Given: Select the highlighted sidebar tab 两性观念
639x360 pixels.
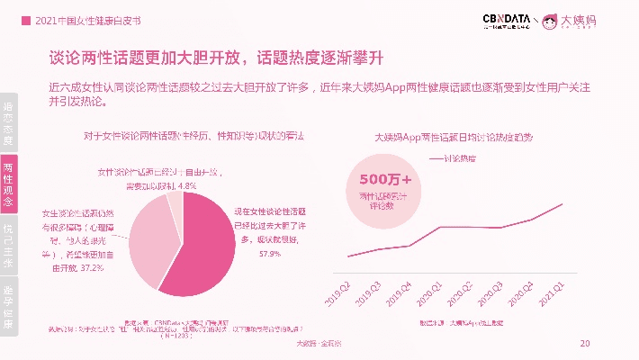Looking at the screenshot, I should pyautogui.click(x=8, y=184).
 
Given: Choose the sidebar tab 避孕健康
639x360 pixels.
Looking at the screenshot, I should pyautogui.click(x=8, y=305).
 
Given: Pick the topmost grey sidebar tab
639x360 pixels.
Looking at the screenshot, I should pyautogui.click(x=8, y=122).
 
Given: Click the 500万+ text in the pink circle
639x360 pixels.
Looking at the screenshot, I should pyautogui.click(x=385, y=179).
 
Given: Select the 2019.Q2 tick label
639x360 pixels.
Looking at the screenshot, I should pyautogui.click(x=337, y=293).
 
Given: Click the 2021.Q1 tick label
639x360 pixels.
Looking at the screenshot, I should pyautogui.click(x=551, y=293).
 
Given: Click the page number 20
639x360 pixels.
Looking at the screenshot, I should pyautogui.click(x=585, y=344).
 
